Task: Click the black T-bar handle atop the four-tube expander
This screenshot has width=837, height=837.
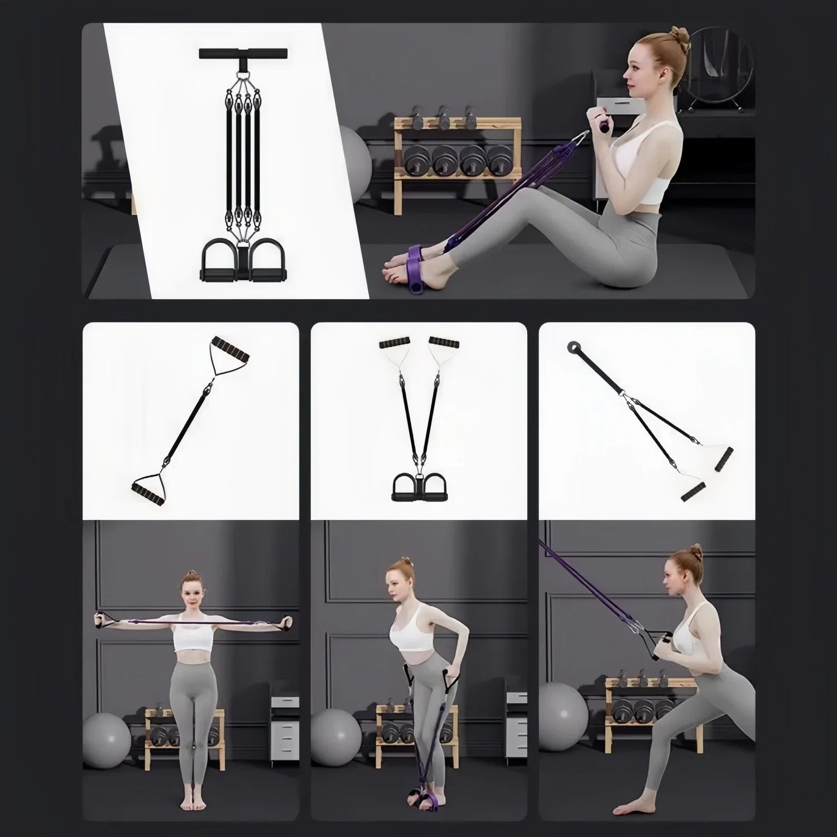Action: click(x=244, y=54)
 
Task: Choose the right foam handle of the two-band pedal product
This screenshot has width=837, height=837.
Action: click(x=444, y=341)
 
